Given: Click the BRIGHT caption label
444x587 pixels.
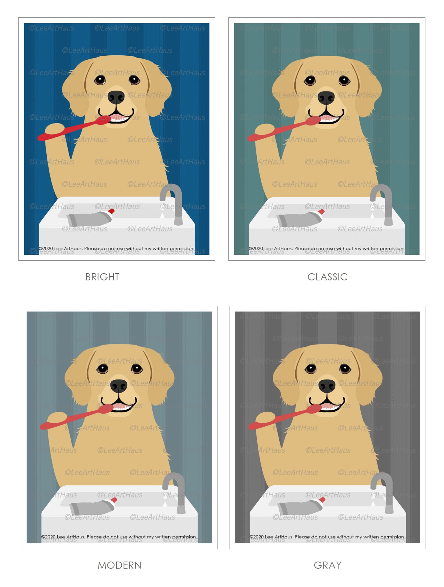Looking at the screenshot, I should coord(102,277).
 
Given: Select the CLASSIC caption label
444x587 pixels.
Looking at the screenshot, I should coord(327,277).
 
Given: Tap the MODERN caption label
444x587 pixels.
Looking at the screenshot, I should coord(119,565).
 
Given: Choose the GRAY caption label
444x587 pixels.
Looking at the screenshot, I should coord(327,565).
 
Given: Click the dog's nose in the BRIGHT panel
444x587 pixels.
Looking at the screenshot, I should coord(116,97).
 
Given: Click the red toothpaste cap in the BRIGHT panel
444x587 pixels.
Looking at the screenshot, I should coord(112,211).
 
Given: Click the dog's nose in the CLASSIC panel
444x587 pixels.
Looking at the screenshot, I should coord(326,98).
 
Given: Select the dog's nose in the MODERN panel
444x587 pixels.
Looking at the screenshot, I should coord(119,386).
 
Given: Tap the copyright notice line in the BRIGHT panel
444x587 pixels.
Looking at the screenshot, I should coord(116,248).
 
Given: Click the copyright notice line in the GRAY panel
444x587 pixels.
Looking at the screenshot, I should coord(327,537).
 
